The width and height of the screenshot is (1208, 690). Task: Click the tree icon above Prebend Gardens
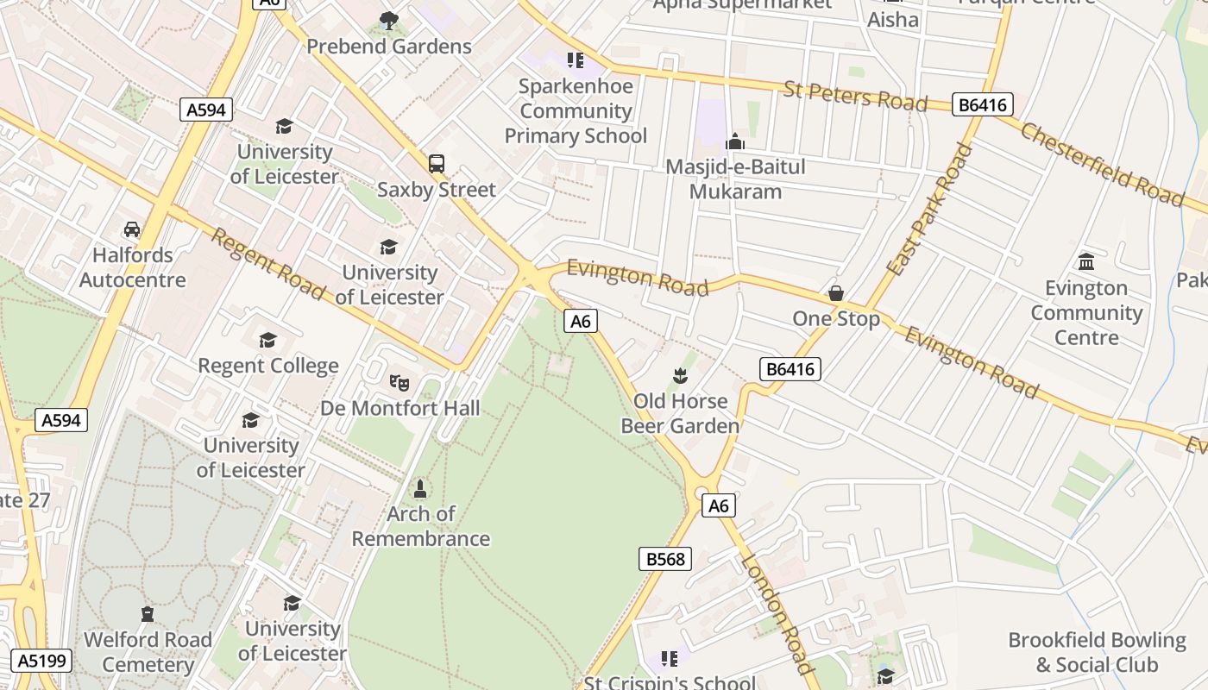[389, 20]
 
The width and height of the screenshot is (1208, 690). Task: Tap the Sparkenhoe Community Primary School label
[576, 111]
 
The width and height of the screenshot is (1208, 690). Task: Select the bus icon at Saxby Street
[437, 163]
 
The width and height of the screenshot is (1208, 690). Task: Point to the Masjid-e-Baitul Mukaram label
[735, 179]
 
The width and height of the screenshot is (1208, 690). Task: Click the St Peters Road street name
[854, 95]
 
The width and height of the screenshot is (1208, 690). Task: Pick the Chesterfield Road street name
[1102, 164]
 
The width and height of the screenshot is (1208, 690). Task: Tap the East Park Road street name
[928, 210]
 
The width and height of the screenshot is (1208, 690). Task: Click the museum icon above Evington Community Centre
[1086, 261]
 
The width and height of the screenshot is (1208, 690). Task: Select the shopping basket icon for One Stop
[836, 293]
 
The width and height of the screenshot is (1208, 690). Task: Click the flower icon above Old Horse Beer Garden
[681, 375]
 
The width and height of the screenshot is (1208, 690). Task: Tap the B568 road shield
[665, 559]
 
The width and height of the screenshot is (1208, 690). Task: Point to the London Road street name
[777, 614]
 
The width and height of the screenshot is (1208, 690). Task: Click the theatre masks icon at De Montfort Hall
[398, 381]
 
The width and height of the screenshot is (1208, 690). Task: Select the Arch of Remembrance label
[420, 526]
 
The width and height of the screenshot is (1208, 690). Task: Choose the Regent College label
[268, 366]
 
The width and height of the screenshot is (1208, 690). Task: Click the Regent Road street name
[267, 264]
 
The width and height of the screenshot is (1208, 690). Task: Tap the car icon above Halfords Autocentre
[132, 229]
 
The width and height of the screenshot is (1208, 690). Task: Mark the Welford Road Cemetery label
[148, 652]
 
